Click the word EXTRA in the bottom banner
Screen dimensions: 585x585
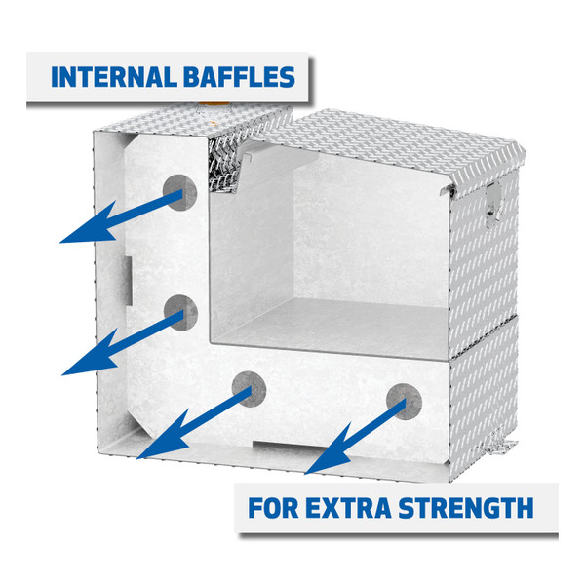(359, 507)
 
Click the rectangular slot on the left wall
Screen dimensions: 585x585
(129, 272)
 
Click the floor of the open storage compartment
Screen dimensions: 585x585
(322, 322)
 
